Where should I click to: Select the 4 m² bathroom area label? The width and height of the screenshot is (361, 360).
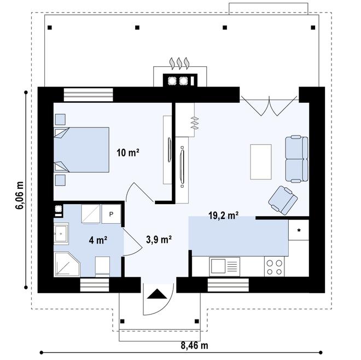coord(98,240)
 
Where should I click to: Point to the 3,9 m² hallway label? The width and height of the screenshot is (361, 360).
coord(159,239)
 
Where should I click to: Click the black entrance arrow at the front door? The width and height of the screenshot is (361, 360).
coord(158,294)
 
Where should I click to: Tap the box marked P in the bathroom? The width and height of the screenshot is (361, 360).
coord(111,214)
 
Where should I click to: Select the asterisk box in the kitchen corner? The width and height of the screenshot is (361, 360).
coord(299,230)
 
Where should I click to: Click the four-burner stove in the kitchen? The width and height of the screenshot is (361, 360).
coord(275,266)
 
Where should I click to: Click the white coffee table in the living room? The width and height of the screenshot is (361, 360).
coord(261,161)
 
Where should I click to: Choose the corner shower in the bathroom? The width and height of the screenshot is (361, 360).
coord(66,264)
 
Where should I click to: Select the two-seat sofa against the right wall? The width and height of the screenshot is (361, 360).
coord(296,159)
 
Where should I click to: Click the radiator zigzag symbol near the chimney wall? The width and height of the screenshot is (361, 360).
coord(193,125)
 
